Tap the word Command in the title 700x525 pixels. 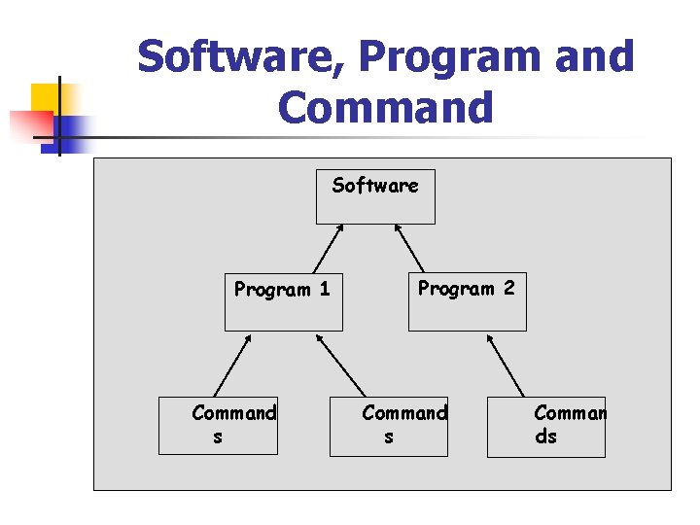(386, 107)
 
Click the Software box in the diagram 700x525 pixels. (376, 196)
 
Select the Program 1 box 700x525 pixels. (283, 302)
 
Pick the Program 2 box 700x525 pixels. (467, 301)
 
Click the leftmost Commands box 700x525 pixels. (219, 426)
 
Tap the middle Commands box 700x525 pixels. (389, 426)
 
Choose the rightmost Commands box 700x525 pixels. (546, 426)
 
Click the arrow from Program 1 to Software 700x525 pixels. (328, 248)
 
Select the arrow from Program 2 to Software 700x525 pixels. (409, 248)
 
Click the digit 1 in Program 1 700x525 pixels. (325, 289)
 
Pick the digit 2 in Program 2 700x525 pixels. (509, 288)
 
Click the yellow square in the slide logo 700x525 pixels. (46, 99)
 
